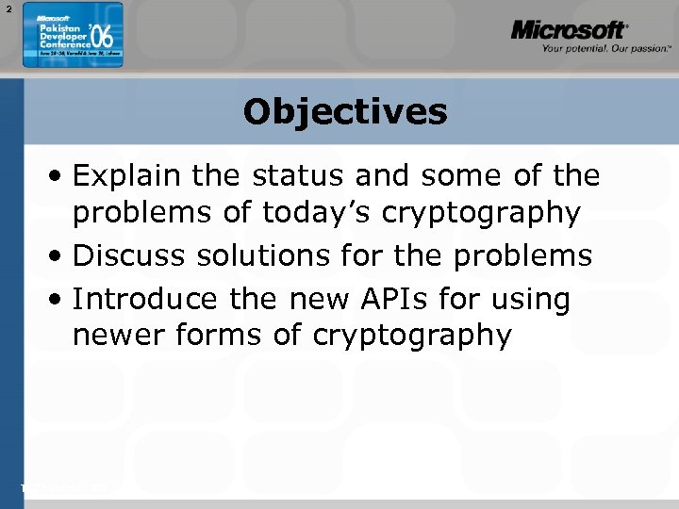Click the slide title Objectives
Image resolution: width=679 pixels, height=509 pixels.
(344, 112)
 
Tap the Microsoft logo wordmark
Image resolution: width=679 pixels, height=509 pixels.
(569, 31)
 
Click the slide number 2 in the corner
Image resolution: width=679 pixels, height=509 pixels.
(7, 8)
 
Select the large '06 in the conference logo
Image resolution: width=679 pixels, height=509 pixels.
(103, 39)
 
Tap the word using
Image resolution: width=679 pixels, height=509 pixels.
(536, 301)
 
